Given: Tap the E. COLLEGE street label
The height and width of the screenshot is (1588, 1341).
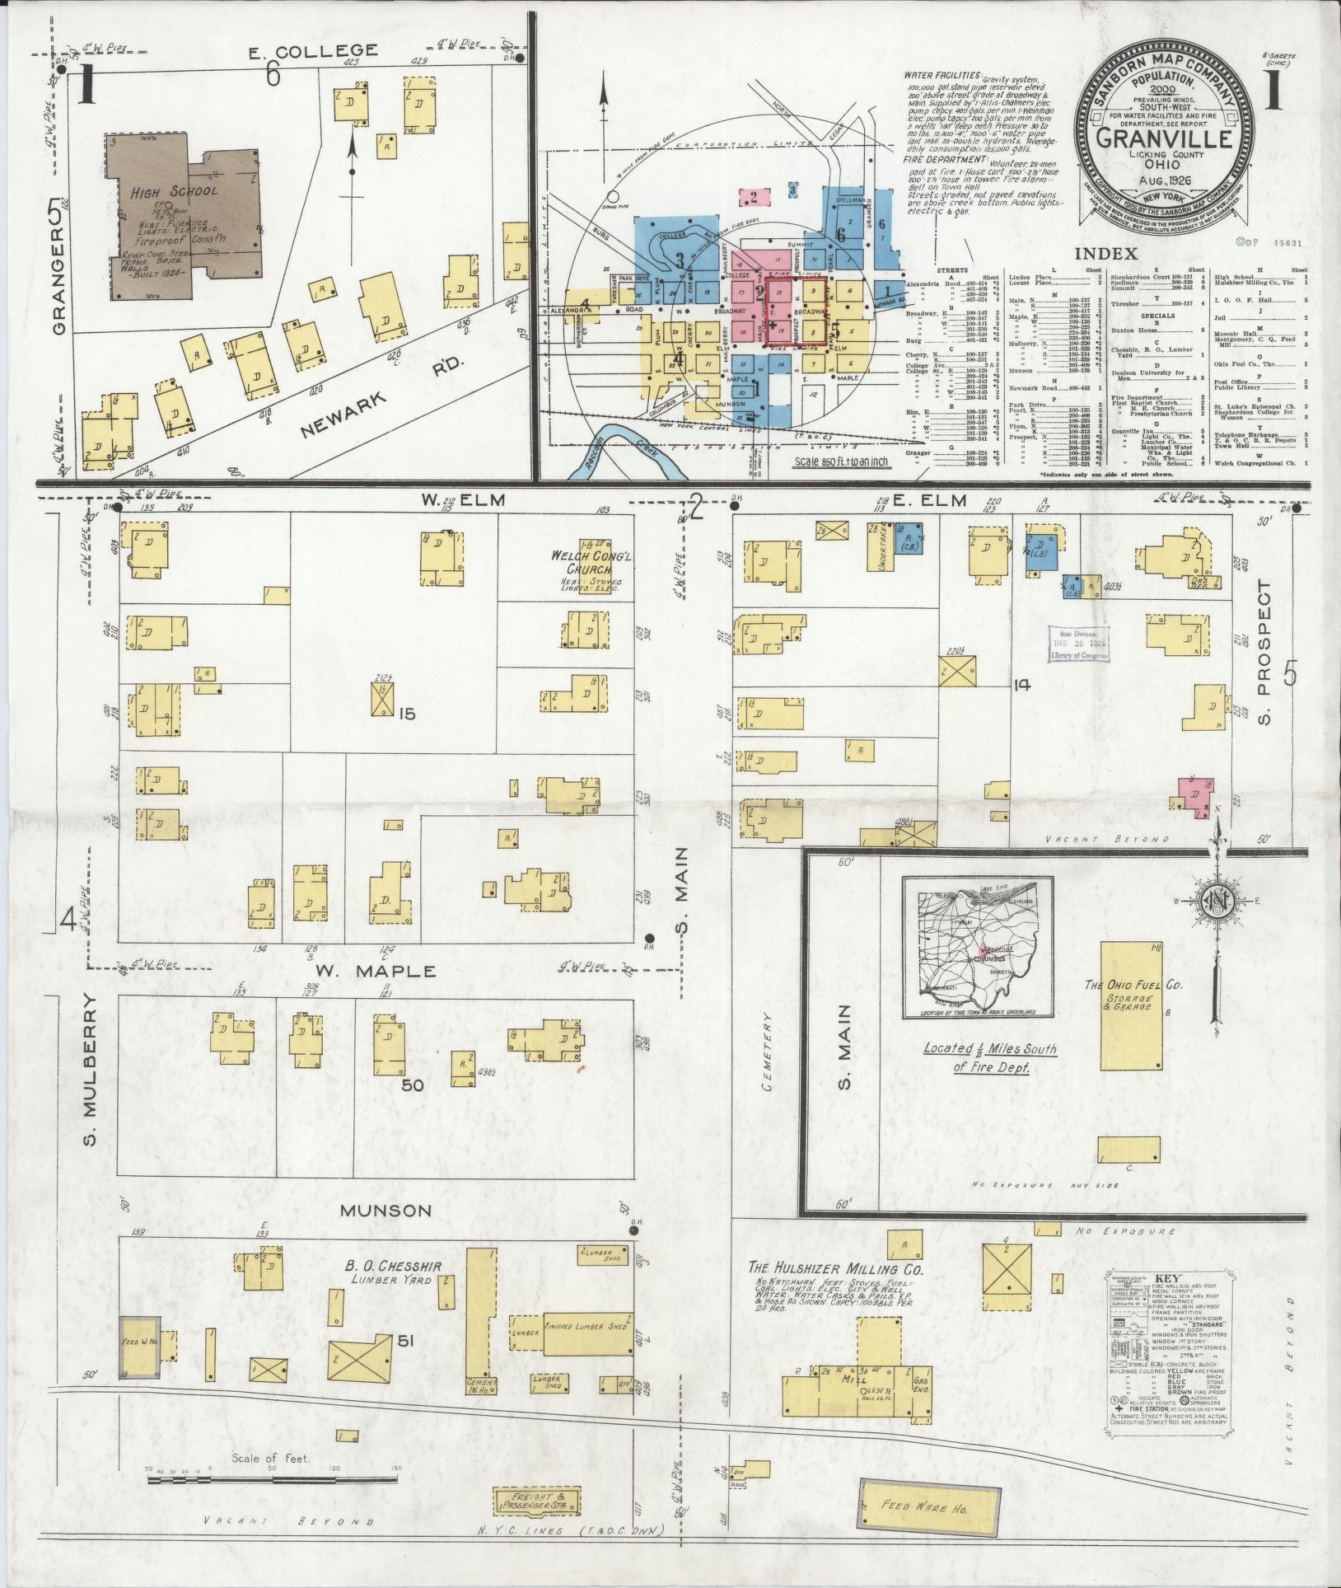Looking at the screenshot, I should [x=314, y=51].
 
